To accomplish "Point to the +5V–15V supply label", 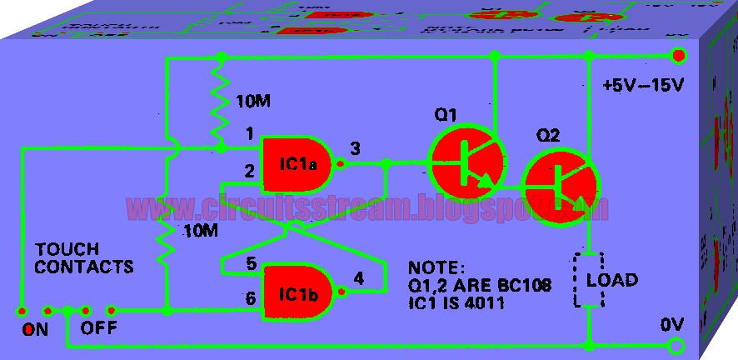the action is [x=642, y=86].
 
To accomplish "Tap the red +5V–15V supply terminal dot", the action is [x=679, y=56].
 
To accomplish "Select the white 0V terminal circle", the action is [x=678, y=345].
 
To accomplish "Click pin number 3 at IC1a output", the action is [x=356, y=149].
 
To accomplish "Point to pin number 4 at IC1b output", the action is [x=358, y=278].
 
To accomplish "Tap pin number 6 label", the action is [x=250, y=297].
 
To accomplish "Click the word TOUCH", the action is [x=67, y=249].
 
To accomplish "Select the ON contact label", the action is [x=35, y=329].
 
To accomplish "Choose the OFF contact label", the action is [x=98, y=327].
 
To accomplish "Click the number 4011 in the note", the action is [x=486, y=304].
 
